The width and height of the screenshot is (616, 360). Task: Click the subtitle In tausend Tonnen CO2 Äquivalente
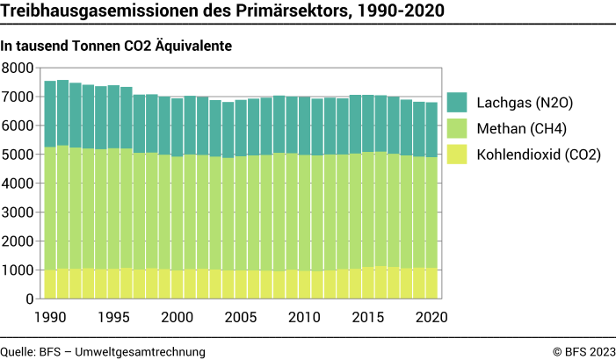[116, 46]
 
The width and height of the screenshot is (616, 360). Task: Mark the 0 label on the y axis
[28, 299]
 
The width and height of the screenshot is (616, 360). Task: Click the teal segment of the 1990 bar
[50, 114]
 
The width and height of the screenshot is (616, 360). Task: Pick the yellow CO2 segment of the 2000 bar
[178, 284]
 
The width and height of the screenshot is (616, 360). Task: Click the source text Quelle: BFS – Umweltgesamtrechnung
[103, 351]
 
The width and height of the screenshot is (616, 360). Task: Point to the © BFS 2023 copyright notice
[583, 351]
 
